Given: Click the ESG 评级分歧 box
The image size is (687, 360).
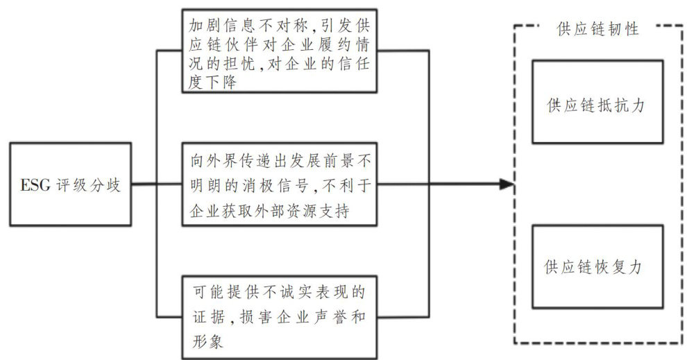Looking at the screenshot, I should pos(70,184).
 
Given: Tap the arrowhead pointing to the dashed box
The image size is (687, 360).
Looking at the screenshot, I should pos(507,185).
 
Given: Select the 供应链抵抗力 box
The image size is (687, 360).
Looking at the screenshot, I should pos(597,101).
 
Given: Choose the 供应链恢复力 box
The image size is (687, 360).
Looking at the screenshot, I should pos(597,266).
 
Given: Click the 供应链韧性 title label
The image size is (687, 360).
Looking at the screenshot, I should pos(597,29).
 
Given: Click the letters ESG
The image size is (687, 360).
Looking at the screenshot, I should pos(35,185).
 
